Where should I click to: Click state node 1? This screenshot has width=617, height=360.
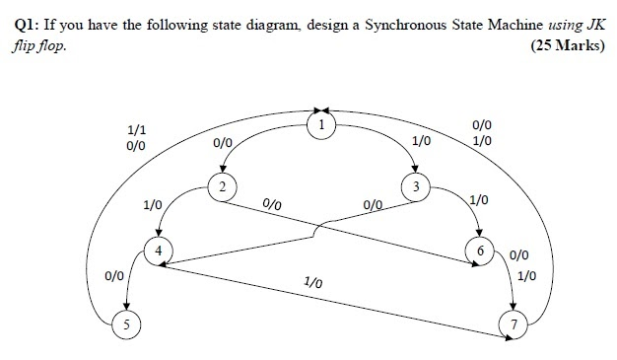320,124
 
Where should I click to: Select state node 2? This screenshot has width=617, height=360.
223,187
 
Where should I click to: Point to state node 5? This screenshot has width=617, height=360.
125,324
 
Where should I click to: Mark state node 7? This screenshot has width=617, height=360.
512,324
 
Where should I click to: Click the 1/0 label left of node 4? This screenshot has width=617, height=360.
152,205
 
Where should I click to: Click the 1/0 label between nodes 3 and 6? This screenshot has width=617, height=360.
480,200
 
